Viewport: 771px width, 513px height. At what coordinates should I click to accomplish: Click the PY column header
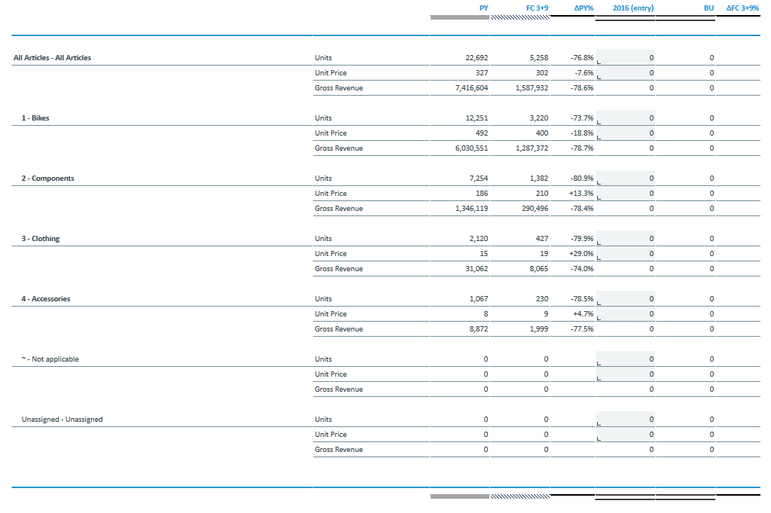click(483, 8)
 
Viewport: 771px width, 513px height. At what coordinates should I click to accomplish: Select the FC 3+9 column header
click(537, 8)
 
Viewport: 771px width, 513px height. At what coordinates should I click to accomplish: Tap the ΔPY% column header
click(584, 8)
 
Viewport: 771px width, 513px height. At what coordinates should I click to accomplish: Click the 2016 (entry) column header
click(632, 8)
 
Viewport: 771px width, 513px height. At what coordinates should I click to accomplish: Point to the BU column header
click(709, 8)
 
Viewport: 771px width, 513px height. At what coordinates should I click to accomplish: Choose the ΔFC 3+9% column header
click(742, 8)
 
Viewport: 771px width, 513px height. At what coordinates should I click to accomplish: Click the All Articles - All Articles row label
click(52, 58)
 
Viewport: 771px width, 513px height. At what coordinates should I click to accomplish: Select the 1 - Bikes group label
click(35, 118)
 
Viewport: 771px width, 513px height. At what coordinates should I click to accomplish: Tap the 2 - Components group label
click(47, 179)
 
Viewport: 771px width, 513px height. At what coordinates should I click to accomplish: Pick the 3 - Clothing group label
click(41, 239)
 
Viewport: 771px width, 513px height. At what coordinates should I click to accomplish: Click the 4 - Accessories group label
click(46, 299)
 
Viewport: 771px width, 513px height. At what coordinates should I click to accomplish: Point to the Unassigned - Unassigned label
click(62, 420)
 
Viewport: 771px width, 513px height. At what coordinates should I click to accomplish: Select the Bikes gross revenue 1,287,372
click(532, 148)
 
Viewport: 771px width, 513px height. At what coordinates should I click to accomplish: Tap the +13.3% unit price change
click(583, 194)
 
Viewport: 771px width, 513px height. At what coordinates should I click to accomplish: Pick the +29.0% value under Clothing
click(583, 254)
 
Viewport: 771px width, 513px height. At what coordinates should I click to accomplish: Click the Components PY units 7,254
click(477, 179)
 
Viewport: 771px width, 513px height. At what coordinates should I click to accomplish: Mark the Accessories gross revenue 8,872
click(478, 329)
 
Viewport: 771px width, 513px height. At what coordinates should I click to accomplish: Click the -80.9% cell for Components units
click(582, 179)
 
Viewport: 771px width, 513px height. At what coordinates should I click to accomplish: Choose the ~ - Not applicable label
click(50, 359)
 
